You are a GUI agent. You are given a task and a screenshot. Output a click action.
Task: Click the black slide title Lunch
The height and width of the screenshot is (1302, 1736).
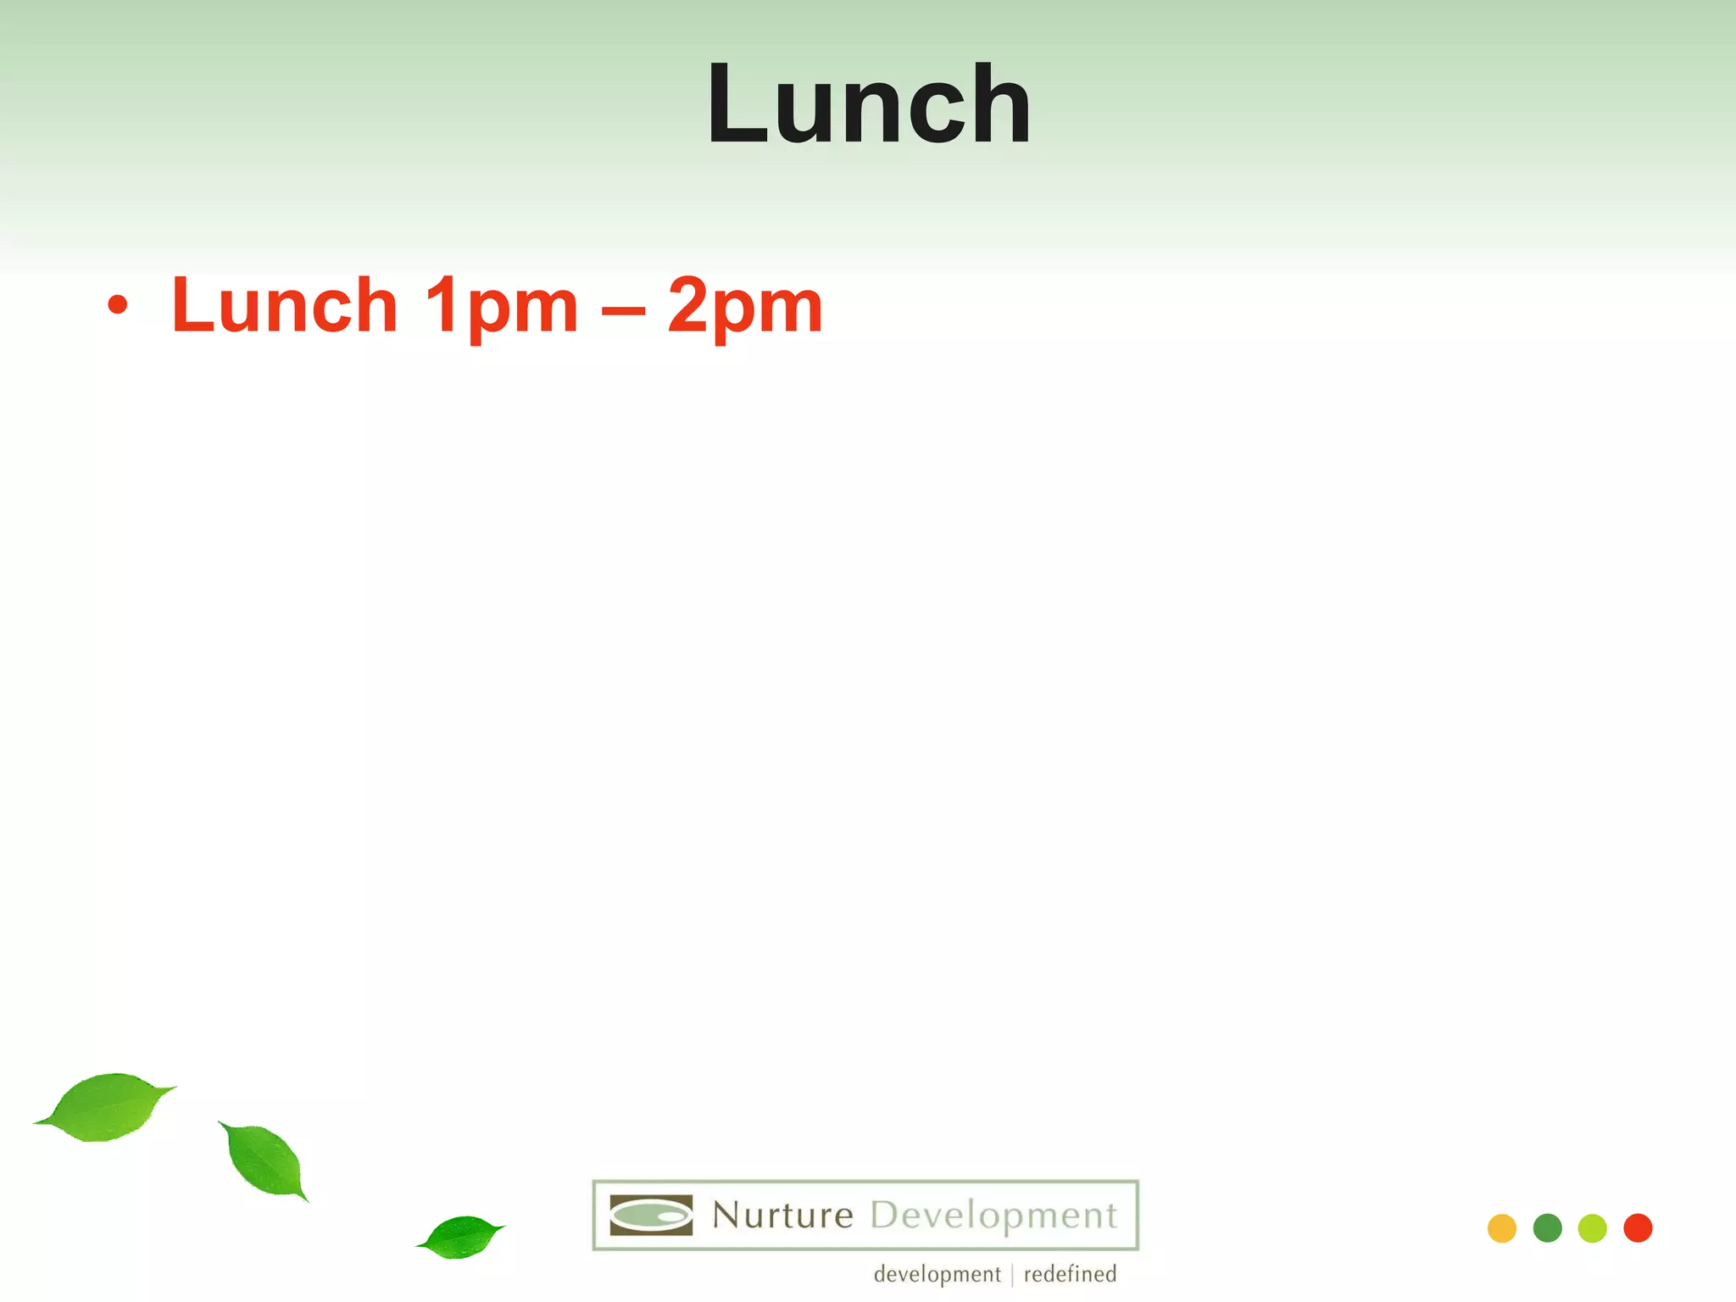tap(869, 105)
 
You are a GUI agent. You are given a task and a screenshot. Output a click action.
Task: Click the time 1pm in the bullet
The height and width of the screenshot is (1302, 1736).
tap(501, 307)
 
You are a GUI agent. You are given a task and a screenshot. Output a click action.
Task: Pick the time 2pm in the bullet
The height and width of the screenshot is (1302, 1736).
tap(745, 307)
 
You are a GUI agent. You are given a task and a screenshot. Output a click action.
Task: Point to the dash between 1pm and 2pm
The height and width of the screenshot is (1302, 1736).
tap(623, 309)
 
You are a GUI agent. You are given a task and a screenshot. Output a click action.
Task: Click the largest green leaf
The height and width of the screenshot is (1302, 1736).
tap(105, 1106)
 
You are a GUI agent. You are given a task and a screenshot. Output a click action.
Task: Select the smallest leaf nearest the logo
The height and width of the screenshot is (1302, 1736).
tap(461, 1237)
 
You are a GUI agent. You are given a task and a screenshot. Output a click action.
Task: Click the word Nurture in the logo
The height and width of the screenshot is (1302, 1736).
tap(782, 1216)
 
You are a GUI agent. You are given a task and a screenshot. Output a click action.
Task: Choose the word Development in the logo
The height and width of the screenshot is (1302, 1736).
tap(993, 1216)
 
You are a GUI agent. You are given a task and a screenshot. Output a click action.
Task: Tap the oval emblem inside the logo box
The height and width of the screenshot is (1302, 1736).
tap(651, 1216)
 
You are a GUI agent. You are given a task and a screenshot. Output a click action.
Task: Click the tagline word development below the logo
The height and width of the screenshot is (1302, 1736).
tap(937, 1274)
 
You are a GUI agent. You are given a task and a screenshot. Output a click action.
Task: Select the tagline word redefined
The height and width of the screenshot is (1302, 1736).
tap(1070, 1274)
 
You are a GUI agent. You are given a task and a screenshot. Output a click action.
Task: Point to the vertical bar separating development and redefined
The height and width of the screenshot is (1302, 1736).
tap(1013, 1275)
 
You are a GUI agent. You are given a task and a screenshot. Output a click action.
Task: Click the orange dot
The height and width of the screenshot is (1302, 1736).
tap(1502, 1228)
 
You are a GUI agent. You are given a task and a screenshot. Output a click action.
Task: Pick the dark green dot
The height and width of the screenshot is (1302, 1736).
tap(1548, 1228)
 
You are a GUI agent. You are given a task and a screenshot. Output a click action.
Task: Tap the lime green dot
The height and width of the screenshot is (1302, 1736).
tap(1593, 1228)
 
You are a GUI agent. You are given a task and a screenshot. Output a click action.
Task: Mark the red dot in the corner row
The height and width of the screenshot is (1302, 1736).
tap(1638, 1228)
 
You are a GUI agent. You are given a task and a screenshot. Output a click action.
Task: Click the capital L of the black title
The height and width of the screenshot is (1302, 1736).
tap(736, 105)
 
